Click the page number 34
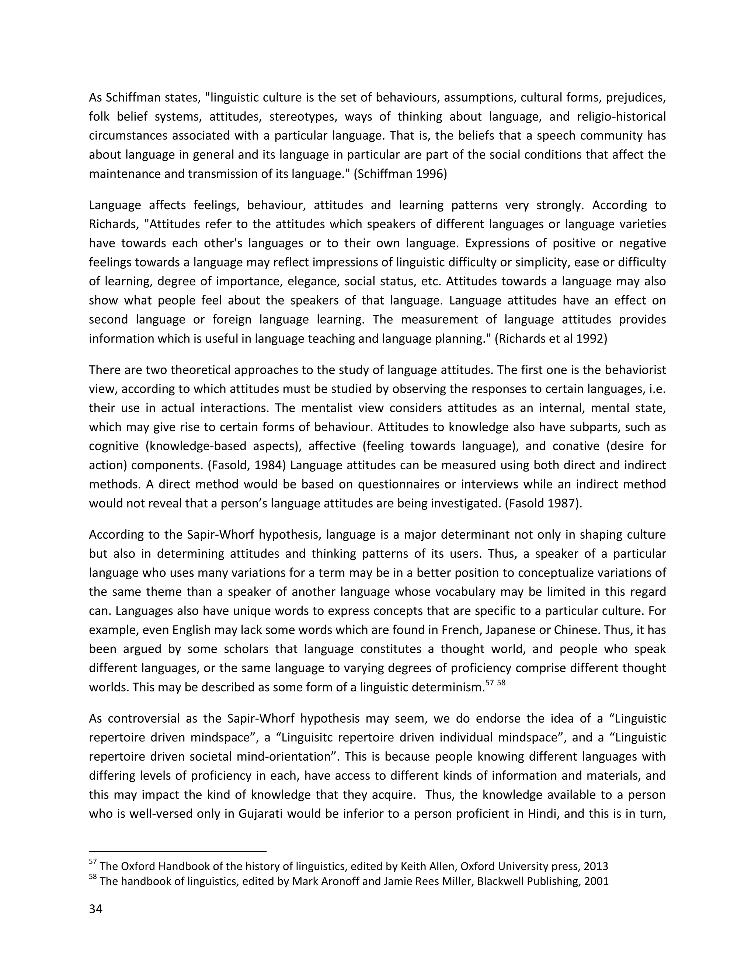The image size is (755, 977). tap(96, 909)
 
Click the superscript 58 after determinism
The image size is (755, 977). tap(501, 683)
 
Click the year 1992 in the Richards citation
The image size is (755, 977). tap(591, 338)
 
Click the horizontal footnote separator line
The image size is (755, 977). tap(178, 851)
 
